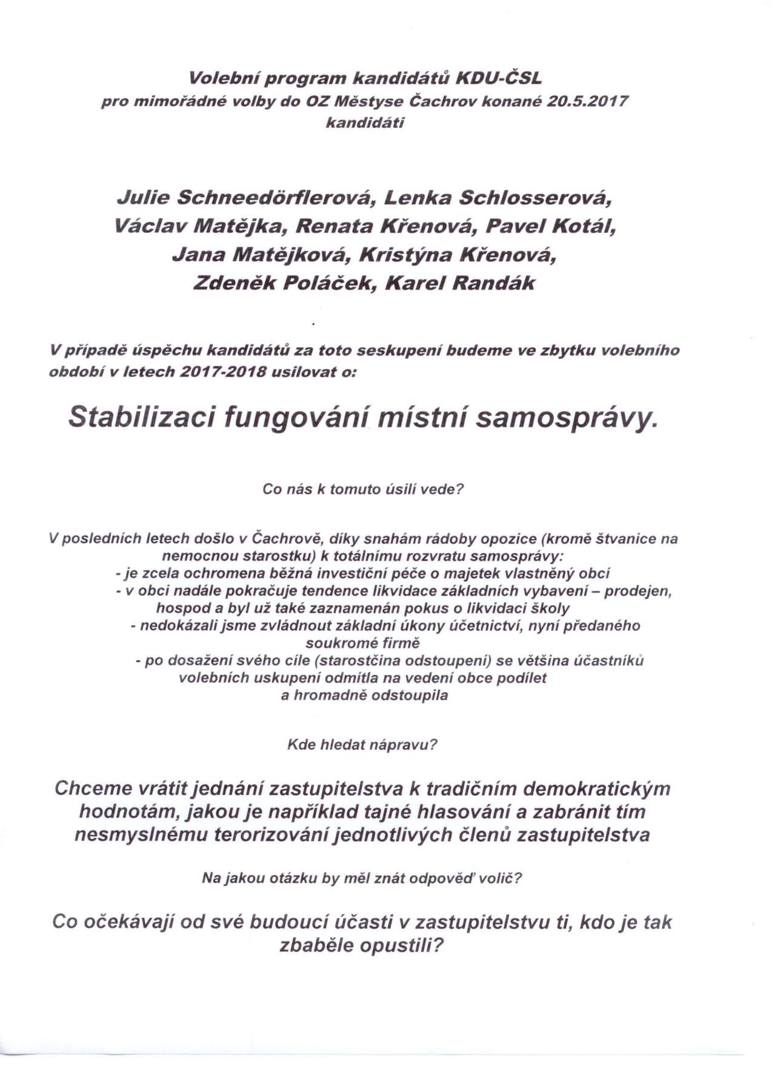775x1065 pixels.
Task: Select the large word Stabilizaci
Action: click(x=142, y=417)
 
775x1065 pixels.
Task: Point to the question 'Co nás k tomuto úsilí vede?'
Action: click(x=362, y=489)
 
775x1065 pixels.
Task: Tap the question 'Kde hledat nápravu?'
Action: click(x=362, y=744)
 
